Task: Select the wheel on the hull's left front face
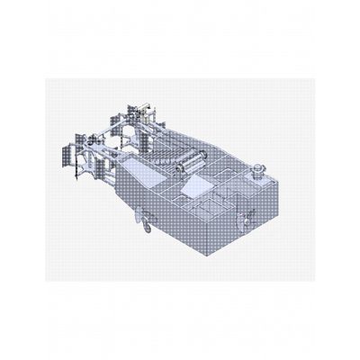point(142,215)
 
